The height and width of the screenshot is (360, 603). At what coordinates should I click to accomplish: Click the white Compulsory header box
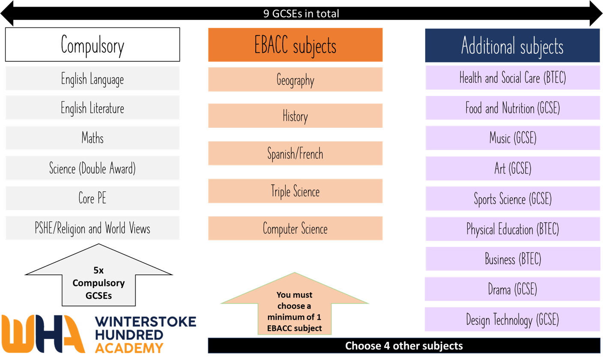point(92,45)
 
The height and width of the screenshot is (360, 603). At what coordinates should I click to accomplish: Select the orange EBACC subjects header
point(295,45)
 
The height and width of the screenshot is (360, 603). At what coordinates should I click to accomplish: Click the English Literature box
point(92,108)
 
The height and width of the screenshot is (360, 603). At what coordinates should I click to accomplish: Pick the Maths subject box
point(92,138)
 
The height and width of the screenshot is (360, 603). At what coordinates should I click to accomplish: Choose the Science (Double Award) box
point(92,168)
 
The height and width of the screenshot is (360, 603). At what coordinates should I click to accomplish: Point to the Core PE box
point(92,198)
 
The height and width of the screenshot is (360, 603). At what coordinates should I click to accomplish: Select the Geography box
point(295,80)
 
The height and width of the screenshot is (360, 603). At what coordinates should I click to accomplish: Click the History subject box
point(295,116)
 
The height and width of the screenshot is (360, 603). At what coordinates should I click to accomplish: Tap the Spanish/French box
point(295,153)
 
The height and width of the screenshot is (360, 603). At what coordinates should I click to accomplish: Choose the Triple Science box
point(295,191)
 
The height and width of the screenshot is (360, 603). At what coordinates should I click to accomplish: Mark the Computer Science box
point(295,228)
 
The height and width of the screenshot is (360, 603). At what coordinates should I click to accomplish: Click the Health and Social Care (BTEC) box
point(513,78)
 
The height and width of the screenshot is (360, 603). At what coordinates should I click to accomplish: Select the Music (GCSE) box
point(513,138)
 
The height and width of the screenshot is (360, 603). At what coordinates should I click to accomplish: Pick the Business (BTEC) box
point(513,259)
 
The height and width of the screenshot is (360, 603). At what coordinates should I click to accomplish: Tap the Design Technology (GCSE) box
point(513,319)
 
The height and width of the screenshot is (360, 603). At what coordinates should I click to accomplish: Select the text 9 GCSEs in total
point(301,14)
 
